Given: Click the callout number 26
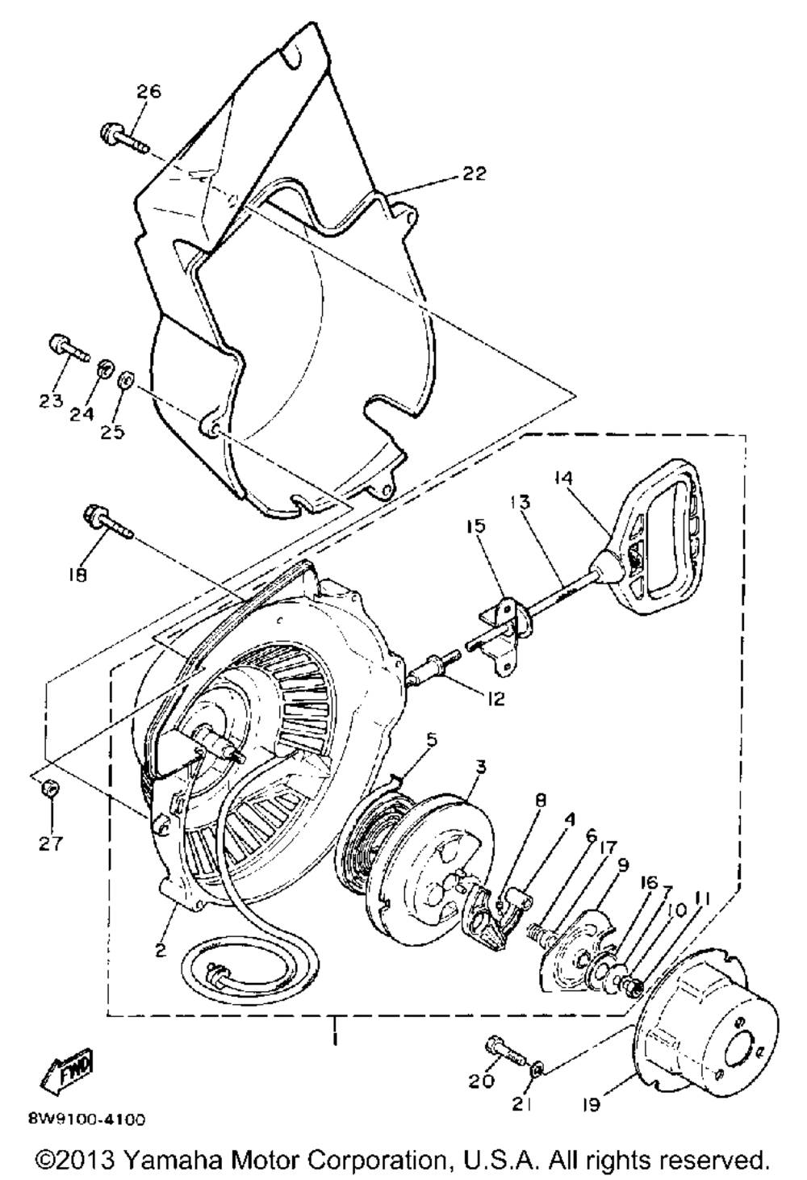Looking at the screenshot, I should click(x=149, y=91).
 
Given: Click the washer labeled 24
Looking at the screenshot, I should click(x=104, y=369).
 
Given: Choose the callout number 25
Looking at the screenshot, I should click(x=112, y=433).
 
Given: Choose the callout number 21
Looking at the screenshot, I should click(x=521, y=1105).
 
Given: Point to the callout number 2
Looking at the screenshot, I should click(x=161, y=950).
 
